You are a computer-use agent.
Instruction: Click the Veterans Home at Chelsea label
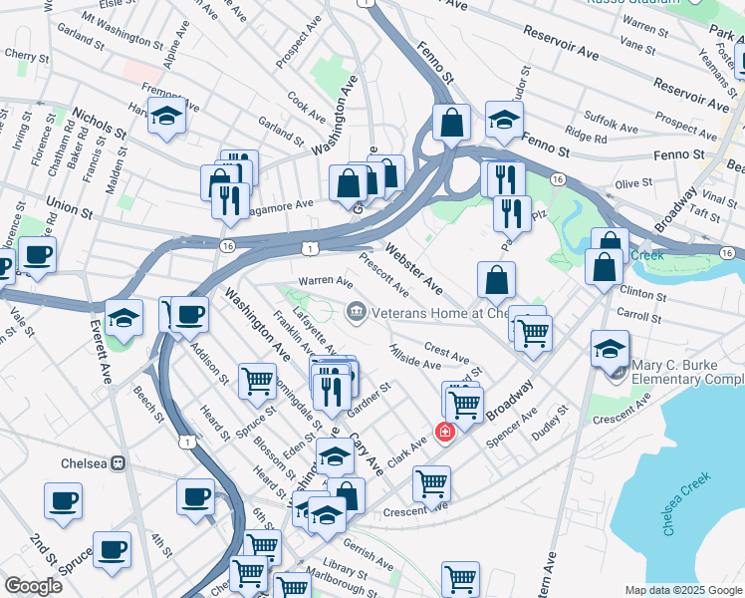[428, 313]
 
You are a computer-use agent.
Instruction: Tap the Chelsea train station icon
[117, 463]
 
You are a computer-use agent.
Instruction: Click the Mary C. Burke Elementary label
[687, 372]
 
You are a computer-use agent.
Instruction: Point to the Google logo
[33, 586]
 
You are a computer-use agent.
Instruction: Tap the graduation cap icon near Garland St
[167, 116]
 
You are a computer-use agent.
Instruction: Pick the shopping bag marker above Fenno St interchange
[451, 123]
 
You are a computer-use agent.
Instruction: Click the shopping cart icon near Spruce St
[258, 380]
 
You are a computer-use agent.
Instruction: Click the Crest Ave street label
[446, 354]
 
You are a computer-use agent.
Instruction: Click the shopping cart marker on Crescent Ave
[431, 483]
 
